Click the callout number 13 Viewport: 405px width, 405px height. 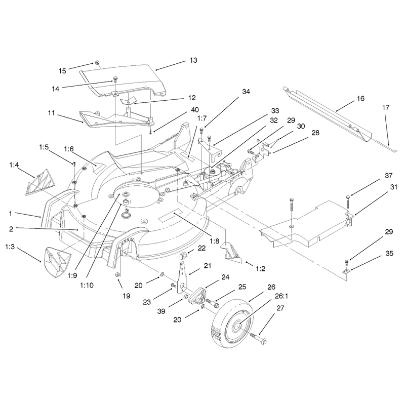[x=193, y=60]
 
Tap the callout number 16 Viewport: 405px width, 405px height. [x=360, y=98]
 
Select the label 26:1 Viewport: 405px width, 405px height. [x=281, y=296]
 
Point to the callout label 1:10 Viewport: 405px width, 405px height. [x=87, y=286]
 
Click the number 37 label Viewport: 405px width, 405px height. [x=388, y=176]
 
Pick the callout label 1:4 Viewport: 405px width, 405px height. [x=14, y=165]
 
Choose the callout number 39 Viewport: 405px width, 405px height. [x=161, y=311]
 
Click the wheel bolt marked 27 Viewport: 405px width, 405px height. [x=258, y=339]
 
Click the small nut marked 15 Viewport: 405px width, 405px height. [x=97, y=62]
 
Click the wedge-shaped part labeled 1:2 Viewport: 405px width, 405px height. [x=231, y=253]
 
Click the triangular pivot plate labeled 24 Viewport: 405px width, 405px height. [x=197, y=296]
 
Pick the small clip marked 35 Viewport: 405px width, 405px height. [x=346, y=271]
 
